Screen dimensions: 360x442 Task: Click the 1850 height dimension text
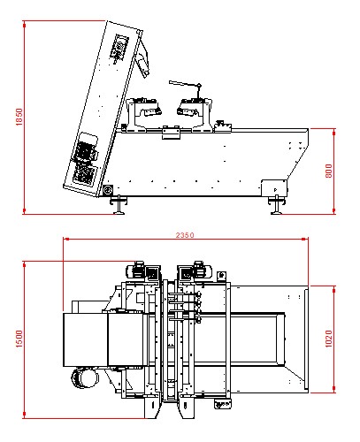click(19, 117)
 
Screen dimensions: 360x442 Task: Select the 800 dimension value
click(328, 171)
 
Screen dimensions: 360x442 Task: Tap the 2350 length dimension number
click(185, 235)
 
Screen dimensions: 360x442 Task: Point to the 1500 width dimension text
click(19, 339)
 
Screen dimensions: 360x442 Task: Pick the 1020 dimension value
click(328, 339)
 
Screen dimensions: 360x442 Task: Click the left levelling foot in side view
click(119, 204)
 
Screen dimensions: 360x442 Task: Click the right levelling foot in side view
click(277, 205)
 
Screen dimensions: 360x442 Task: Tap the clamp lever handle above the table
click(185, 85)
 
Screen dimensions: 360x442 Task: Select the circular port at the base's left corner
click(108, 190)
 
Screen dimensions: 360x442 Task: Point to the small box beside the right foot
click(274, 188)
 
